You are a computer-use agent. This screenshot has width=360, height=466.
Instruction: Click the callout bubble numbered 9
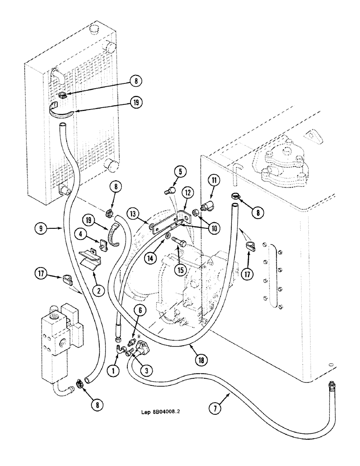pos(41,229)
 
